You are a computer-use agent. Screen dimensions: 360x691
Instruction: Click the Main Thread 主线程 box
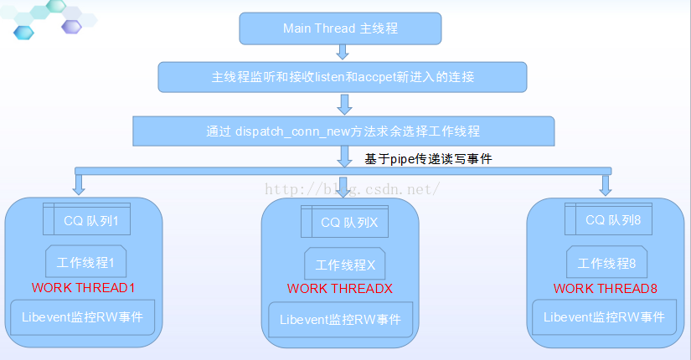coord(339,28)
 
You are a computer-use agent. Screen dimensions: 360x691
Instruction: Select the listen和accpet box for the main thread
coord(343,77)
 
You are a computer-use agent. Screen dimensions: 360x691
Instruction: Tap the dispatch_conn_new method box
coord(343,131)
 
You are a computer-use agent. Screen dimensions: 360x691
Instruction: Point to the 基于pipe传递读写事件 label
coord(428,158)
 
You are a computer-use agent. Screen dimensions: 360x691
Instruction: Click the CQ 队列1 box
coord(91,220)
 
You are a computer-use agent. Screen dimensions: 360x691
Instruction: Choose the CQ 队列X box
coord(349,223)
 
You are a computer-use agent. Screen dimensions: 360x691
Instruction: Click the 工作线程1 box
coord(85,262)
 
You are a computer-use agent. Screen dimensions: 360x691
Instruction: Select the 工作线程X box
coord(345,265)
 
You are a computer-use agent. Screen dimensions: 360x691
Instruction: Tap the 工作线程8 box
coord(606,263)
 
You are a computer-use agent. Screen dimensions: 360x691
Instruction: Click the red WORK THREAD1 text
coord(83,287)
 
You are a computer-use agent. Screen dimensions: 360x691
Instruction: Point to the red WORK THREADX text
coord(340,289)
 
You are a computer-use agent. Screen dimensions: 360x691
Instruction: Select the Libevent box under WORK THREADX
coord(340,320)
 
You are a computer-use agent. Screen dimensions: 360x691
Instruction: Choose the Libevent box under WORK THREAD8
coord(604,317)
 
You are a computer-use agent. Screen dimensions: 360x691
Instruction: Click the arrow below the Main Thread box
coord(343,54)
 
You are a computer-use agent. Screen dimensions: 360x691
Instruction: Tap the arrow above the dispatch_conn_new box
coord(343,104)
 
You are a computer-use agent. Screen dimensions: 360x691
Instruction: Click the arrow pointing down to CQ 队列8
coord(606,184)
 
